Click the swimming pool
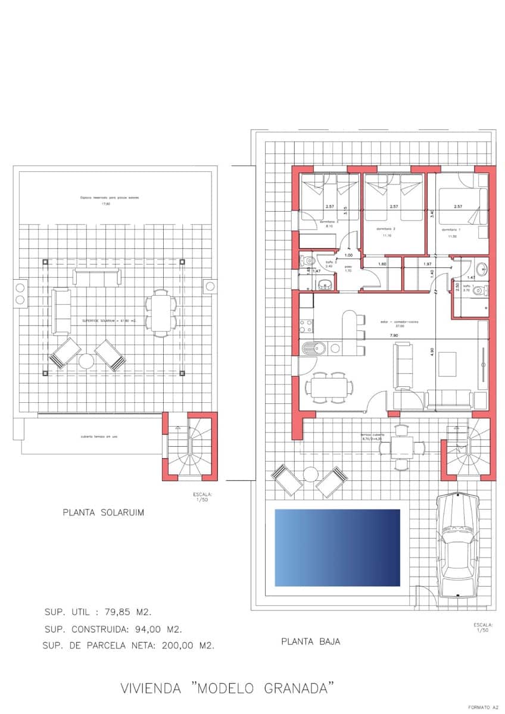click(337, 547)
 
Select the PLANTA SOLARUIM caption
click(104, 512)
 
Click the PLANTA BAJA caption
click(310, 641)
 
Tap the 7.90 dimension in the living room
click(394, 336)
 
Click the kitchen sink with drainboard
click(313, 347)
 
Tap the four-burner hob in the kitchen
click(306, 325)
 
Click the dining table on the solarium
click(161, 312)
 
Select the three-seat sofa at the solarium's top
click(97, 277)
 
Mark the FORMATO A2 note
click(483, 707)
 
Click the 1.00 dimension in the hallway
click(348, 255)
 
